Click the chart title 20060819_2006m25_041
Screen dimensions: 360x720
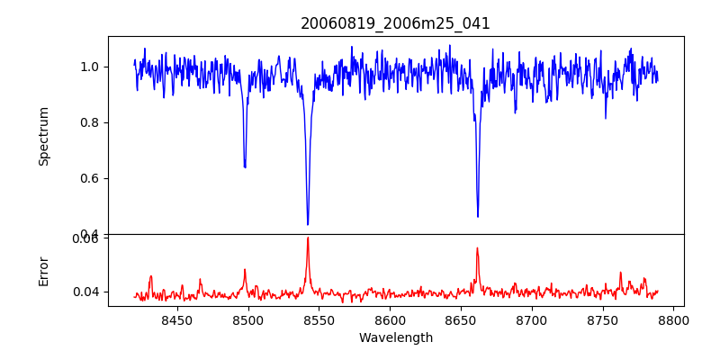coord(395,23)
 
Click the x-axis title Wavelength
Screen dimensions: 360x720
coord(395,338)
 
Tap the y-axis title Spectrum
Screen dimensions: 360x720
coord(44,136)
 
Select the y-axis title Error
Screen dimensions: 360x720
coord(44,271)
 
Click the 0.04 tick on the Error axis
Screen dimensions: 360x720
coord(86,292)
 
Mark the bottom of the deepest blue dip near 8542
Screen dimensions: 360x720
coord(308,224)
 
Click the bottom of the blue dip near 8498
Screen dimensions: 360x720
coord(245,167)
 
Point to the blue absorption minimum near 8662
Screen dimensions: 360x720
coord(478,216)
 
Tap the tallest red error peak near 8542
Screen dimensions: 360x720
coord(308,238)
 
